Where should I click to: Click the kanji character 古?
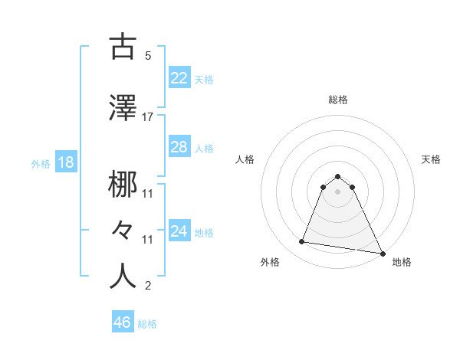[123, 47]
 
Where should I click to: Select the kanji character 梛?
[123, 185]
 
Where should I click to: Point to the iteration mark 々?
[123, 228]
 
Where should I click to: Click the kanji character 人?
[123, 276]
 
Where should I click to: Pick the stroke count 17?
[147, 117]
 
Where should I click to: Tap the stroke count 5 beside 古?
[147, 57]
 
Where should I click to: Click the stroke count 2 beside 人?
[147, 287]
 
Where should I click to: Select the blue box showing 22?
[179, 78]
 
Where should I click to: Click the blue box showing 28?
[179, 147]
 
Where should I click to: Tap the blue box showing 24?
[179, 231]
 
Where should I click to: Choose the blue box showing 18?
[66, 163]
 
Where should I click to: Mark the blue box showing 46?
[123, 322]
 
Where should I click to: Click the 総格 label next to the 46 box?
[147, 324]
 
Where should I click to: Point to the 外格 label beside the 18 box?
[41, 164]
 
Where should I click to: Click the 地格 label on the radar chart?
[402, 262]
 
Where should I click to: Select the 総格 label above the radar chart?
[338, 100]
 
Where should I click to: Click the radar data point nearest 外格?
[302, 242]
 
